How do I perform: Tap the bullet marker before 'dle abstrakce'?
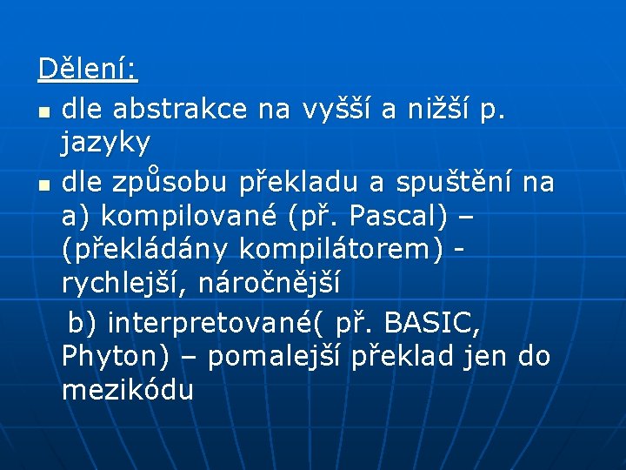pos(43,112)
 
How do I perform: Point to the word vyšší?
pos(336,109)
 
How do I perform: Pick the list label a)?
pos(77,216)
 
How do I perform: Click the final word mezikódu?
pos(128,389)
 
